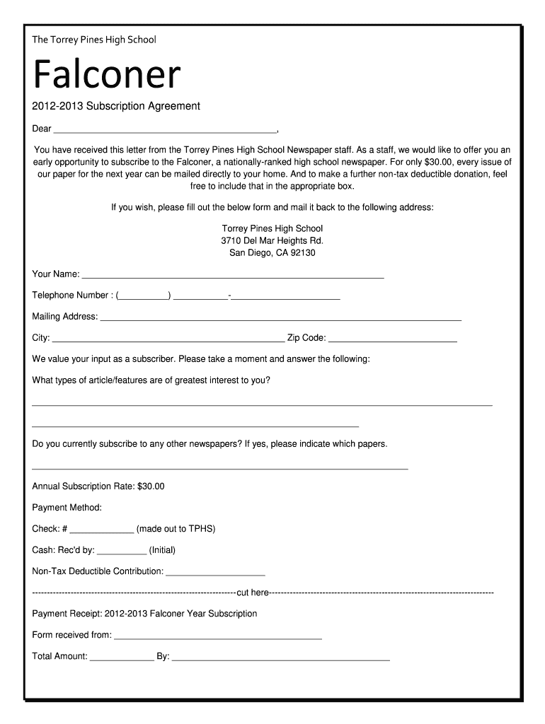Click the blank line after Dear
pyautogui.click(x=165, y=129)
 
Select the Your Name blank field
pyautogui.click(x=233, y=274)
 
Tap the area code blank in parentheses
pyautogui.click(x=144, y=296)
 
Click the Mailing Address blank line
pyautogui.click(x=280, y=317)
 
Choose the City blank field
pyautogui.click(x=168, y=339)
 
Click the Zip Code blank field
pyautogui.click(x=392, y=339)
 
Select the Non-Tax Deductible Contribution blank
pyautogui.click(x=215, y=572)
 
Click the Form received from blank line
pyautogui.click(x=218, y=636)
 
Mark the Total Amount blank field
pyautogui.click(x=122, y=657)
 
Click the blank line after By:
pyautogui.click(x=281, y=657)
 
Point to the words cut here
pyautogui.click(x=252, y=592)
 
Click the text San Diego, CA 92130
pyautogui.click(x=272, y=253)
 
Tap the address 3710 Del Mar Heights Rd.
pyautogui.click(x=272, y=241)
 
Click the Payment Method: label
pyautogui.click(x=67, y=508)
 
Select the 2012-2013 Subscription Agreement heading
pyautogui.click(x=116, y=106)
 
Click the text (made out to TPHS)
pyautogui.click(x=176, y=529)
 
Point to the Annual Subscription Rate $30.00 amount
pyautogui.click(x=151, y=486)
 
